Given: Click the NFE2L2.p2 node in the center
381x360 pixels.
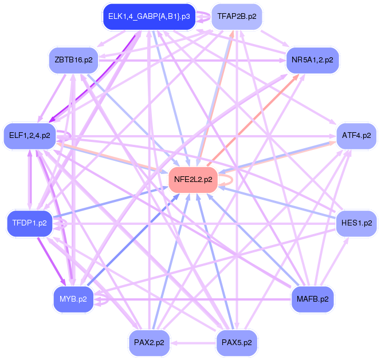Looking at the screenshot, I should point(193,179).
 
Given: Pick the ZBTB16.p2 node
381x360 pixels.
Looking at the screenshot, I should point(74,59).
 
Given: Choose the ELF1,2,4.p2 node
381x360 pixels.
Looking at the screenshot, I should point(29,136).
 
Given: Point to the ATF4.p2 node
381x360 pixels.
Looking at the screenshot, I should point(356,136).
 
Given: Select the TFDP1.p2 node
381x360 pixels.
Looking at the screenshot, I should point(29,223).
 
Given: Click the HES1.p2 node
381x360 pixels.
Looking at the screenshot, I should point(356,222).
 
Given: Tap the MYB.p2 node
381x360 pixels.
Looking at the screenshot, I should point(73,299).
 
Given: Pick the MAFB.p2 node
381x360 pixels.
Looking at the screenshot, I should point(313,299).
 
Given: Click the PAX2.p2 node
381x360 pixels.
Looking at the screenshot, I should point(149,343).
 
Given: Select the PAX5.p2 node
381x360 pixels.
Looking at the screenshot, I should point(236,343).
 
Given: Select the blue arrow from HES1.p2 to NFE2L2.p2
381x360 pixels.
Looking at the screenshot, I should point(275,201).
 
